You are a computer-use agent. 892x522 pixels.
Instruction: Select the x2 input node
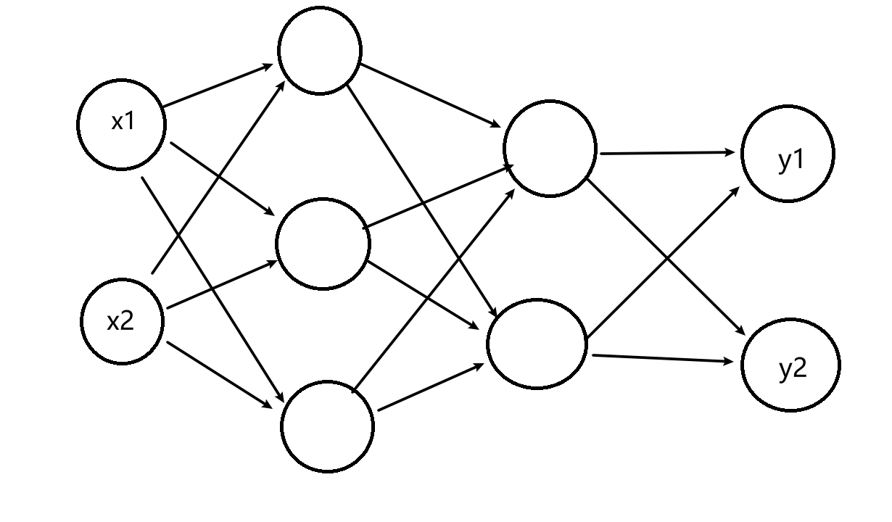(122, 321)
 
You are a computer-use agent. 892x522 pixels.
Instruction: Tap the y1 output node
(788, 153)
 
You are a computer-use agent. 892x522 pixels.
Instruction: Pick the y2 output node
(790, 365)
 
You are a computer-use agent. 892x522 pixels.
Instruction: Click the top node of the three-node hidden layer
(320, 50)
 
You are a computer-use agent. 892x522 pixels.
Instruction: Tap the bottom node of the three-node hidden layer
(328, 426)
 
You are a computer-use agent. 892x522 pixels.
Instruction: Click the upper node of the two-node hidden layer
(550, 149)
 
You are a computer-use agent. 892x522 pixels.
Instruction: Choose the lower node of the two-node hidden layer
(537, 344)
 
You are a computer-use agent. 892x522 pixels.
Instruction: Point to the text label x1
(123, 122)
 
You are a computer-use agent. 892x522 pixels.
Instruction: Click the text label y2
(792, 370)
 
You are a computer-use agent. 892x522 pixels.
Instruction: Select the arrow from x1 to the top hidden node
(218, 86)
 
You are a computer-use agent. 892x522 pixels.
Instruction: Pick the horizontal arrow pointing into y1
(667, 153)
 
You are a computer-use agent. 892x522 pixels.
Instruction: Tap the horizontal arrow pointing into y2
(663, 358)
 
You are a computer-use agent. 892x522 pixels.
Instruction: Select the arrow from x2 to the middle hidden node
(221, 285)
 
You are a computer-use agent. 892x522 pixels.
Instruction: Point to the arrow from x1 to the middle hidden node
(221, 178)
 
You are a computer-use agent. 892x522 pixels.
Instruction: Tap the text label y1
(791, 160)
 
